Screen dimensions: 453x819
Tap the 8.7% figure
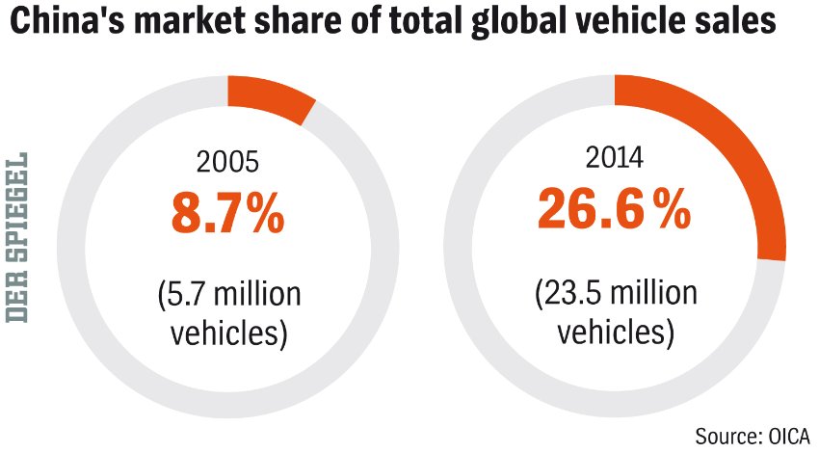click(228, 213)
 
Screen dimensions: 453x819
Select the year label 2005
click(227, 162)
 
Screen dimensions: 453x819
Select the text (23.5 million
click(615, 294)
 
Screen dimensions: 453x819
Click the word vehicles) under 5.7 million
click(228, 334)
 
